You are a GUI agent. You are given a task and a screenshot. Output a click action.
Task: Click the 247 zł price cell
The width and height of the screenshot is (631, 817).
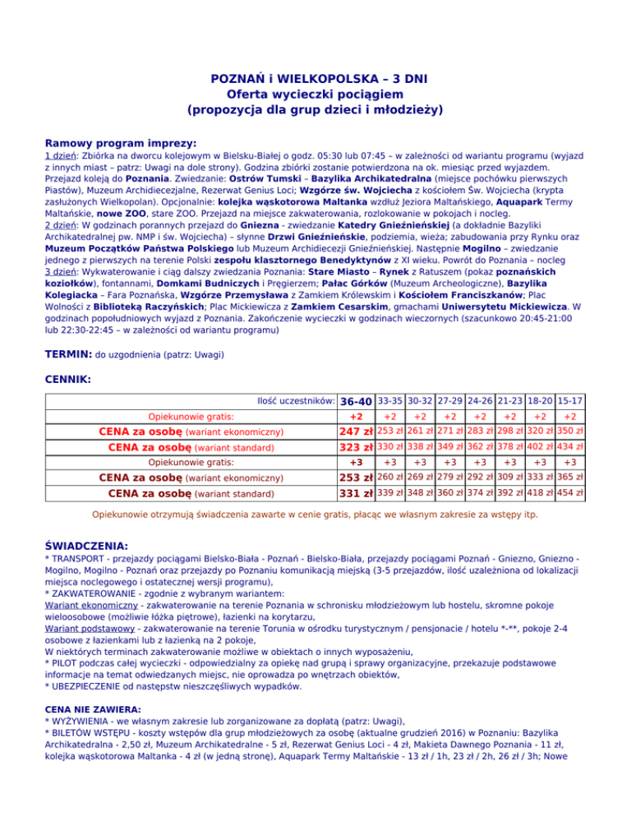(x=356, y=432)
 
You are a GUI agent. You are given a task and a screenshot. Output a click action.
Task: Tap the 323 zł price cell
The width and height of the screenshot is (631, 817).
(x=356, y=448)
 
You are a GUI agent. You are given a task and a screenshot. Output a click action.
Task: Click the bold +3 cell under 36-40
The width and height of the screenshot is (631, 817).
(x=356, y=463)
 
